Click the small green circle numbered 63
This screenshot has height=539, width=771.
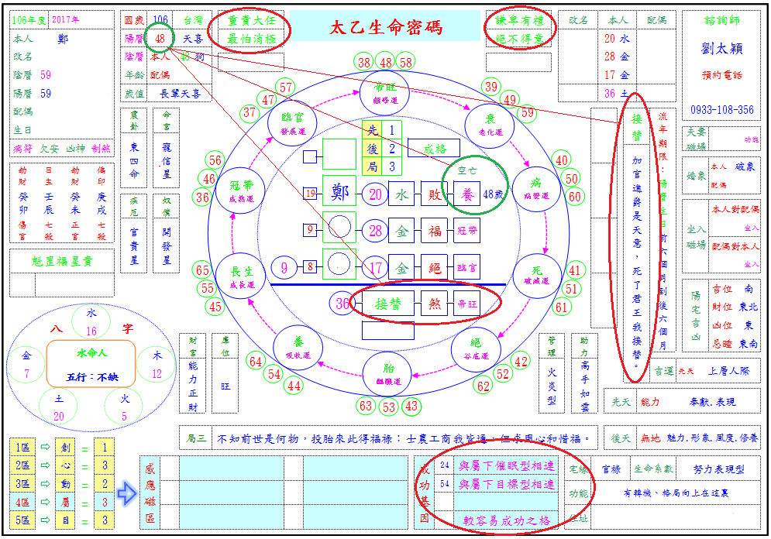point(367,406)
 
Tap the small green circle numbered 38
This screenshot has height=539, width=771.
point(364,62)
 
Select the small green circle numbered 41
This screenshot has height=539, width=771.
point(574,271)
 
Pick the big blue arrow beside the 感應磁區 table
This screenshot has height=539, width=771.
point(126,493)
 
